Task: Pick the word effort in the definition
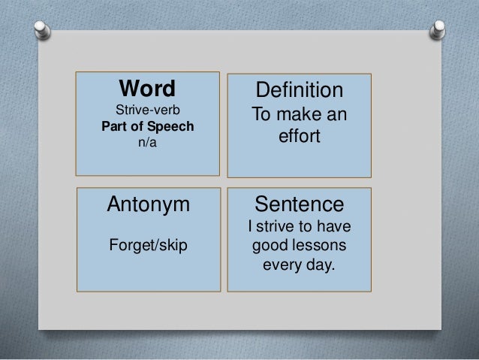(x=300, y=139)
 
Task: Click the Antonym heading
(x=148, y=204)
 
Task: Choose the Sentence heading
(x=300, y=204)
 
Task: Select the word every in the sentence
(x=283, y=265)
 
